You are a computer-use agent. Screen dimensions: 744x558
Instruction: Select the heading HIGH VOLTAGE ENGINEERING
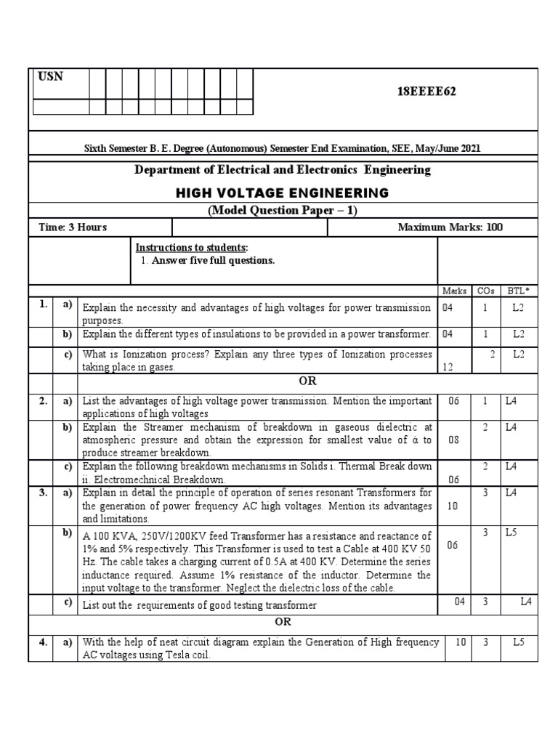[283, 193]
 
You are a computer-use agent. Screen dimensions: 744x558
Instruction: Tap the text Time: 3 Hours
[73, 227]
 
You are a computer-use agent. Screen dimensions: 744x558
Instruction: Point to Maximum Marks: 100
[450, 227]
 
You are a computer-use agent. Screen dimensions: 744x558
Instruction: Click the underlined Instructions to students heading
[187, 248]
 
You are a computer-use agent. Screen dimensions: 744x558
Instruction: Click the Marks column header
[454, 291]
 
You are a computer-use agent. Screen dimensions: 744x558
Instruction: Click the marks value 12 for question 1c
[449, 368]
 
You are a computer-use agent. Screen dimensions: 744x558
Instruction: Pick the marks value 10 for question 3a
[453, 506]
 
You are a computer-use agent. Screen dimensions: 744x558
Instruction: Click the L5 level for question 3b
[512, 533]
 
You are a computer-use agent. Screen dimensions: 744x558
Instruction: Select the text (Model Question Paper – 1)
[283, 211]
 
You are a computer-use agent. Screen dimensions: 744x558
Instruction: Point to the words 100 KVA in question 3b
[112, 536]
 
